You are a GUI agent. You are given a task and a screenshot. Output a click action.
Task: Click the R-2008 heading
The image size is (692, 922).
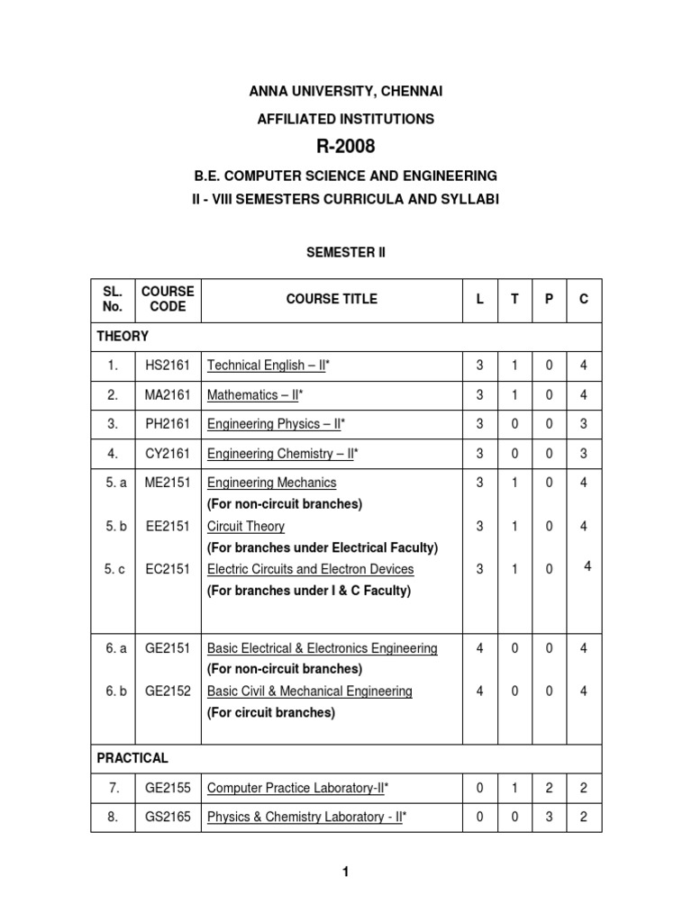click(346, 147)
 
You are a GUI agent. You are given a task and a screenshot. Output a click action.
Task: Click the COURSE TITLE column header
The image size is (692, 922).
click(332, 299)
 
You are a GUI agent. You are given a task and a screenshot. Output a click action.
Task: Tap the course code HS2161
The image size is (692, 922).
click(168, 366)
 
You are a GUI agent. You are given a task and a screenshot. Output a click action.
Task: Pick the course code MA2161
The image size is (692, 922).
click(168, 394)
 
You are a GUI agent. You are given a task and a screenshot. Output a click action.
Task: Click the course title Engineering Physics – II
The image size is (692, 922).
click(276, 423)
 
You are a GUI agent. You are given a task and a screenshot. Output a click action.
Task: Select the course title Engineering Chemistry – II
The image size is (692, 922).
click(281, 453)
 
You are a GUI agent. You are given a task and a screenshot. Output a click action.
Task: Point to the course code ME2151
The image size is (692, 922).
click(168, 483)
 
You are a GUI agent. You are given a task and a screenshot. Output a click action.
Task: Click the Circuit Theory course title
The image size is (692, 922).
click(246, 526)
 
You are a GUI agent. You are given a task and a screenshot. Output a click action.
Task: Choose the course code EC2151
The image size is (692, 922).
click(168, 569)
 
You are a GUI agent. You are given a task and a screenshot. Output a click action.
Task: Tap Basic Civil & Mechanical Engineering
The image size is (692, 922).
click(310, 691)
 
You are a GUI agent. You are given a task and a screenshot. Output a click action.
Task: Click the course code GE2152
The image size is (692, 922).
click(168, 691)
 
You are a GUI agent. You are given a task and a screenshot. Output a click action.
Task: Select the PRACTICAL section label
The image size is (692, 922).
click(132, 758)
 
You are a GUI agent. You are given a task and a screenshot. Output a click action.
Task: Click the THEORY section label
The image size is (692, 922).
click(123, 336)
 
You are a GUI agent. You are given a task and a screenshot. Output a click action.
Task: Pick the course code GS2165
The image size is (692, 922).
click(168, 818)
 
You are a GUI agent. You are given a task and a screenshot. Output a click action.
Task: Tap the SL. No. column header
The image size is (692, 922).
click(114, 299)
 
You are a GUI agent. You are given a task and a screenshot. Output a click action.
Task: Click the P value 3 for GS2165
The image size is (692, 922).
click(549, 818)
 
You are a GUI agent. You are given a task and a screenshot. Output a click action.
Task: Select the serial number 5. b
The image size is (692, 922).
click(114, 526)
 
